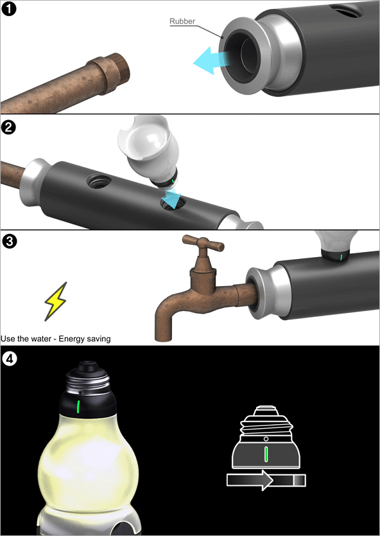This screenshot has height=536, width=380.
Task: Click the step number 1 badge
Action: click(x=8, y=9)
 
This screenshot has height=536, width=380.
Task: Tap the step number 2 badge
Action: click(x=8, y=127)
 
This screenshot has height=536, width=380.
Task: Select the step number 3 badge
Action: click(x=9, y=242)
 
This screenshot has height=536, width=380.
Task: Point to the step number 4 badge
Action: click(x=9, y=359)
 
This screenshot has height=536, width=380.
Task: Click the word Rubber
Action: click(x=182, y=21)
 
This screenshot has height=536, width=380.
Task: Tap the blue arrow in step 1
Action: click(x=209, y=61)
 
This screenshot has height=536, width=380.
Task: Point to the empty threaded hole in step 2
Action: click(x=99, y=181)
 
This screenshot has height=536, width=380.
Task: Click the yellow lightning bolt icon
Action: click(x=56, y=301)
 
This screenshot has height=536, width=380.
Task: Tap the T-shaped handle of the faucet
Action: click(x=203, y=244)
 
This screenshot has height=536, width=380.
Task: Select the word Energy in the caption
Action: click(x=71, y=339)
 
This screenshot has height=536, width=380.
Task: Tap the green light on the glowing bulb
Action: click(x=78, y=406)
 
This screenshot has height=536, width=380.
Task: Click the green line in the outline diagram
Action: click(x=266, y=454)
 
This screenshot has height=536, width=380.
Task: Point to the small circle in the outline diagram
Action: click(x=266, y=438)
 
